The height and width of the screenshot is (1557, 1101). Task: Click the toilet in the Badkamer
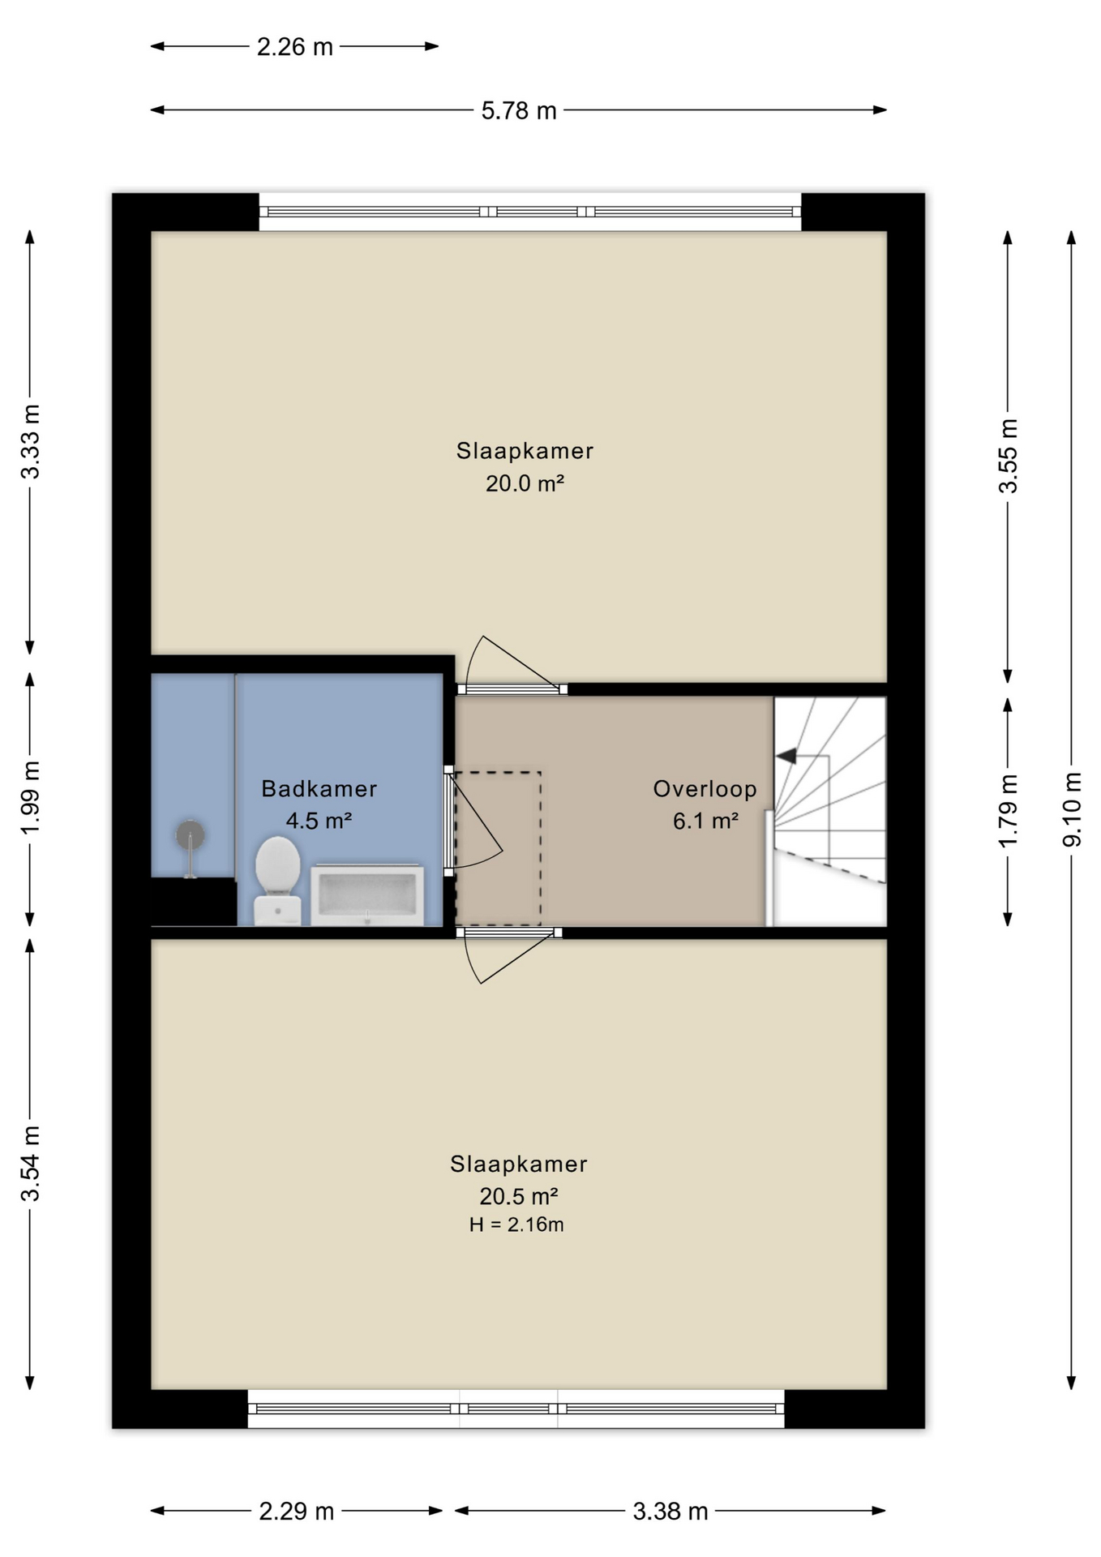click(x=277, y=881)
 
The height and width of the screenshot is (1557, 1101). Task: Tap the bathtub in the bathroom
click(x=367, y=894)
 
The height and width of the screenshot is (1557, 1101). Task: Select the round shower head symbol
click(x=190, y=834)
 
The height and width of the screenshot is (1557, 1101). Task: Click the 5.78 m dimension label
click(x=519, y=110)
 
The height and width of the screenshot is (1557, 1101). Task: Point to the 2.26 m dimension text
click(x=295, y=47)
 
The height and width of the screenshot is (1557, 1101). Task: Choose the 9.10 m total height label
click(x=1072, y=809)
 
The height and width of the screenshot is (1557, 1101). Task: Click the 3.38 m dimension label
click(x=670, y=1511)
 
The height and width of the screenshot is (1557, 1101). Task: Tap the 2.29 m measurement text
click(x=297, y=1511)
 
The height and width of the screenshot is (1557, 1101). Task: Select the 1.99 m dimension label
click(x=30, y=797)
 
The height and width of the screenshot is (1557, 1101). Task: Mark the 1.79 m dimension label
click(x=1008, y=811)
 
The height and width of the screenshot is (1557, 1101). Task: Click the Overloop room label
click(x=705, y=788)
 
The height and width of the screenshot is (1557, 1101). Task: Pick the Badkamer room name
click(x=319, y=788)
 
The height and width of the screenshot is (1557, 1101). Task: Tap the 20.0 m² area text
click(x=525, y=483)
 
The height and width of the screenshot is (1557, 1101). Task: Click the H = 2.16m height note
click(x=516, y=1225)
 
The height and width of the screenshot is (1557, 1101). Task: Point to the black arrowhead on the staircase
click(x=786, y=756)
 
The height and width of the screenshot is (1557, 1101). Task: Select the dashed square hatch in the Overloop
click(x=497, y=848)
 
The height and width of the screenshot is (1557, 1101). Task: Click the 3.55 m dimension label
click(x=1008, y=456)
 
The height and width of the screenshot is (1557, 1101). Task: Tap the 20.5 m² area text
click(x=519, y=1196)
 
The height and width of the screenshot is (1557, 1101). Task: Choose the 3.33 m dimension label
click(x=30, y=441)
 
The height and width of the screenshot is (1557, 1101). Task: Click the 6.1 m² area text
click(x=705, y=821)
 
